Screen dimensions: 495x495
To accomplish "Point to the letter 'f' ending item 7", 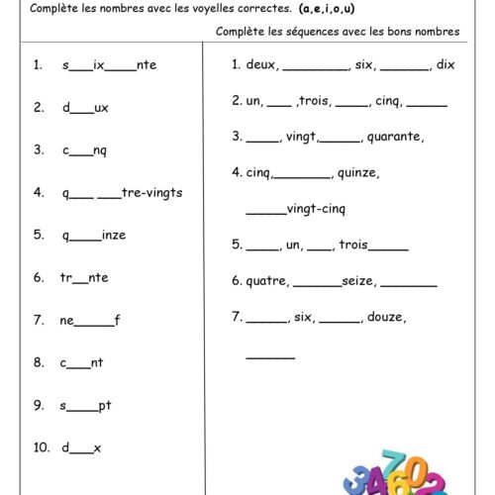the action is point(116,320).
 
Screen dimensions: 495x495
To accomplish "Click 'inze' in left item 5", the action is point(114,235).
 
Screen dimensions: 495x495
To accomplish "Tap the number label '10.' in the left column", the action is point(41,447).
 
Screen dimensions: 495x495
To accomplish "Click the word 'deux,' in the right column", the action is point(263,65).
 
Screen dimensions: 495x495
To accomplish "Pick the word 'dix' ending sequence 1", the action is point(445,65).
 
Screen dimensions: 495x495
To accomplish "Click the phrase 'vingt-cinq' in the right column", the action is point(316,209).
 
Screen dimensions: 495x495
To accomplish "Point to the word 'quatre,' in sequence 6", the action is point(267,281).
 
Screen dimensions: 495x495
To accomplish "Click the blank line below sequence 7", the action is point(270,357).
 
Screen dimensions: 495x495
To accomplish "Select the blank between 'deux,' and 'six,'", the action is point(316,69).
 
